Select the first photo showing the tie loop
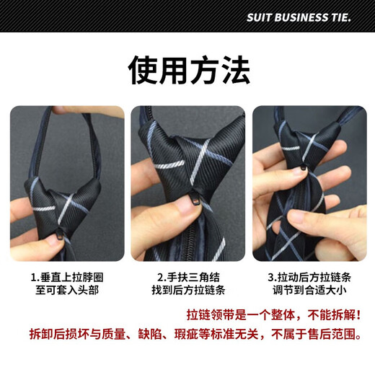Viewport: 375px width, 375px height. (66, 184)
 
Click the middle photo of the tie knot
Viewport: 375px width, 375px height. (188, 184)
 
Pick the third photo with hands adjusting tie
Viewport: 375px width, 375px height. (309, 184)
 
